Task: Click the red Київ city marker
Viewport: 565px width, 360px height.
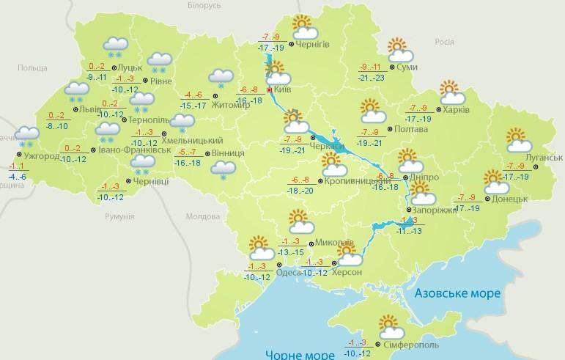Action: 270,89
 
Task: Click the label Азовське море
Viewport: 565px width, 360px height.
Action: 457,293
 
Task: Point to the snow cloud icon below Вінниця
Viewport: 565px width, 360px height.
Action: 220,169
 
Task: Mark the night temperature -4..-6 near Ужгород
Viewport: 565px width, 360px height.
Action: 18,177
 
